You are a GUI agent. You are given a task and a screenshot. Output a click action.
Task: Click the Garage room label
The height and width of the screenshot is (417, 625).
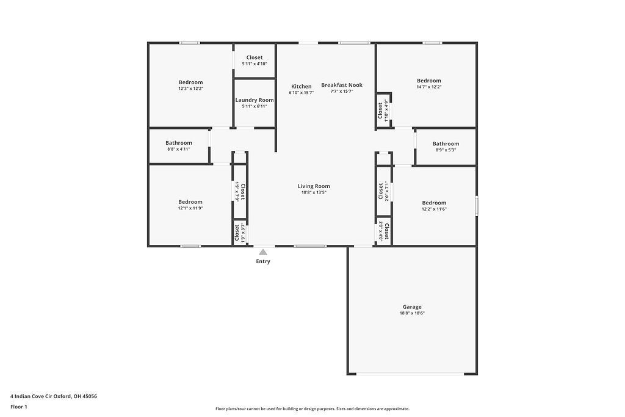coord(412,307)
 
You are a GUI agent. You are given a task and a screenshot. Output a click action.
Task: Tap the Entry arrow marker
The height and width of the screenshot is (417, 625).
coord(263,252)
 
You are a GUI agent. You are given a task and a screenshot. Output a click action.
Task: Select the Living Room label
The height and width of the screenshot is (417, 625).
coord(314,186)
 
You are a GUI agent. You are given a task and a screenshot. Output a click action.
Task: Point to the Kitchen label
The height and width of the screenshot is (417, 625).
coord(301,86)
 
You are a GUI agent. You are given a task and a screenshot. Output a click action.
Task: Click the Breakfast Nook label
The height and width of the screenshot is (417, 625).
coord(342,85)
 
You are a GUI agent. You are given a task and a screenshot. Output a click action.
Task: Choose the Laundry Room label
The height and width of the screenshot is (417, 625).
coord(255,100)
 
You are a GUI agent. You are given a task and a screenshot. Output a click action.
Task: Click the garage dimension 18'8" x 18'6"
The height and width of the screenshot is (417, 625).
coord(412,313)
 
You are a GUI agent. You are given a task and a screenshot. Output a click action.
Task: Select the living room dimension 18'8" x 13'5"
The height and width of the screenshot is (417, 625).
coord(314,192)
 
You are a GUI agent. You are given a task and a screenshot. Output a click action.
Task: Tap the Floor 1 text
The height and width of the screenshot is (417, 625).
coord(19,407)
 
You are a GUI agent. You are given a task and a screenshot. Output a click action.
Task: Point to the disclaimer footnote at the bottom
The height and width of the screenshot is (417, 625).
coord(312,409)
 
